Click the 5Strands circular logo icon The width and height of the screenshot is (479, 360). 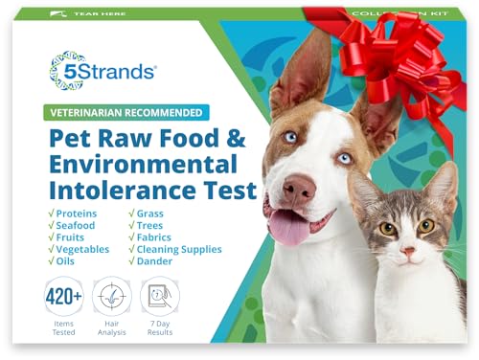[x=67, y=70]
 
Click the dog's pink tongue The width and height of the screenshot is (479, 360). [x=287, y=251]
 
